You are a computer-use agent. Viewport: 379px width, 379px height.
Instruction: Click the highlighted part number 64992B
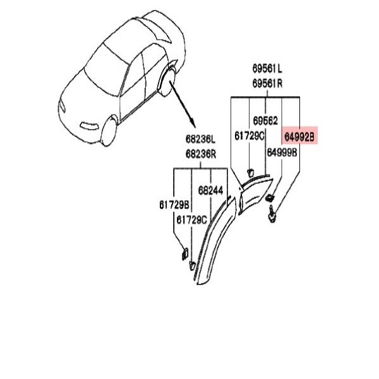click(x=299, y=137)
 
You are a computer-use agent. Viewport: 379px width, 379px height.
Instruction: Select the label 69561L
click(x=267, y=68)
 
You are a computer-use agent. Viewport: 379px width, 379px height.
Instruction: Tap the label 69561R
click(x=267, y=83)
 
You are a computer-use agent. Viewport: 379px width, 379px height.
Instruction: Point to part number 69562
click(x=265, y=121)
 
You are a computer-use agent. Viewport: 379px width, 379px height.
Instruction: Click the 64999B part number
click(x=282, y=152)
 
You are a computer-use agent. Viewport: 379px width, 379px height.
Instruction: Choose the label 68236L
click(x=200, y=139)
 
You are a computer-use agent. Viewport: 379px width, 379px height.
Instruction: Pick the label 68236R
click(x=201, y=154)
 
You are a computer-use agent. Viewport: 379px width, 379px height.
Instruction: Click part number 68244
click(x=210, y=191)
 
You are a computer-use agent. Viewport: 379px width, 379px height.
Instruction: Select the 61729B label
click(x=174, y=205)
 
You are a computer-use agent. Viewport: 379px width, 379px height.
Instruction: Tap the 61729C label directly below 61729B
click(x=191, y=220)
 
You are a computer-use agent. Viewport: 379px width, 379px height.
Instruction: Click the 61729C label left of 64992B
click(x=250, y=136)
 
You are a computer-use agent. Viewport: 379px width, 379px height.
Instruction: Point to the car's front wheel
click(x=109, y=131)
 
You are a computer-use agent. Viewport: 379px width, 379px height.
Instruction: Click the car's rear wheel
click(x=166, y=81)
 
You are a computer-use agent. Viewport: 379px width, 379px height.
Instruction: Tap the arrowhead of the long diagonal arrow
click(x=193, y=124)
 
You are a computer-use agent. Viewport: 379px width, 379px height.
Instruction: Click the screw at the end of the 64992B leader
click(x=272, y=214)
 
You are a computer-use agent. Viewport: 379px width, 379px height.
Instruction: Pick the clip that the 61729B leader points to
click(x=185, y=254)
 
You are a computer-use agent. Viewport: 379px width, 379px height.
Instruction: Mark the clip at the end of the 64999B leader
click(x=269, y=198)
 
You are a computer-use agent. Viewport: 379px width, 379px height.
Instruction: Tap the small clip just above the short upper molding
click(x=250, y=173)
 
